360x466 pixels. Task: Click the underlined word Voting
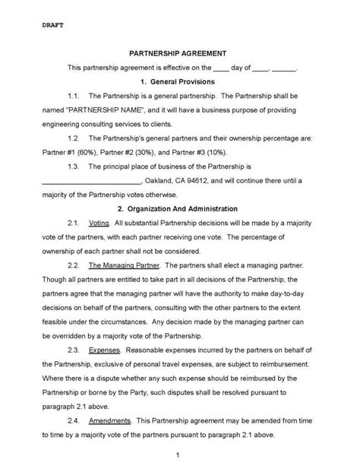[99, 223]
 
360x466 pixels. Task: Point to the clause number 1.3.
[74, 166]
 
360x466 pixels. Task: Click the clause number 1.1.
[74, 96]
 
